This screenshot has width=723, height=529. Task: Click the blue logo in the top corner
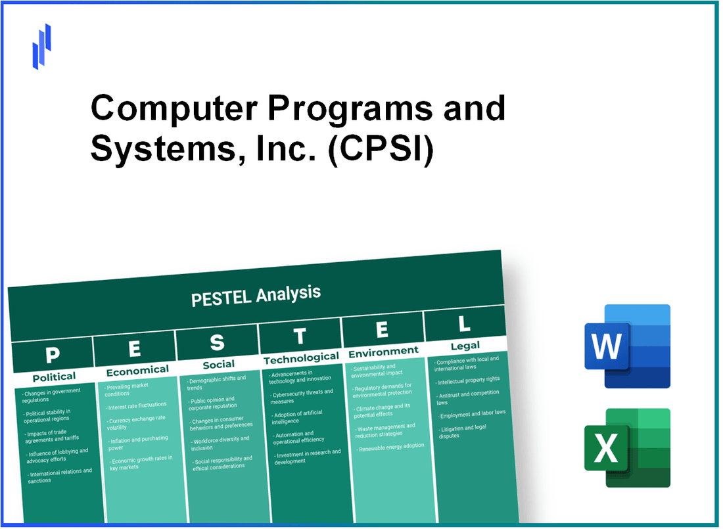[x=41, y=46]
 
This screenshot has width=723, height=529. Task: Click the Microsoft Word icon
[x=627, y=346]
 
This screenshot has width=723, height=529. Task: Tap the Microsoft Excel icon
[x=627, y=448]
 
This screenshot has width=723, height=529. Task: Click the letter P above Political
[x=53, y=355]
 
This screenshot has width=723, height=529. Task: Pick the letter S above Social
[x=217, y=342]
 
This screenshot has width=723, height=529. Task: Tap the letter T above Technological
[x=300, y=336]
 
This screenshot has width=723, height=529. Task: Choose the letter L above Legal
[x=464, y=324]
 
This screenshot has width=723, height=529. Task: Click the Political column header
[x=54, y=377]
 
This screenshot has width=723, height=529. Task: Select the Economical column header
[x=137, y=371]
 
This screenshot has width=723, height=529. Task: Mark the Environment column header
[x=383, y=352]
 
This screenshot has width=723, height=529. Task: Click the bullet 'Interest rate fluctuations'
[x=139, y=405]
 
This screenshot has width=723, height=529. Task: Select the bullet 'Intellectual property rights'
[x=469, y=379]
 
